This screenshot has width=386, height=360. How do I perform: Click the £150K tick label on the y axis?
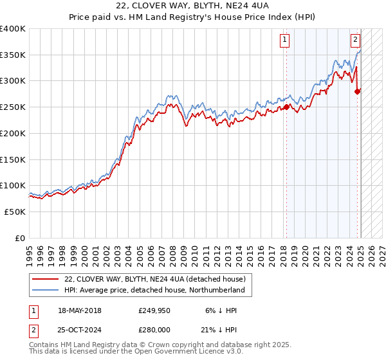coord(13,159)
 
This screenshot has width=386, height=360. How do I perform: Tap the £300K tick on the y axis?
coord(13,81)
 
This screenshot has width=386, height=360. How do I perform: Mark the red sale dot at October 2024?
coord(358,91)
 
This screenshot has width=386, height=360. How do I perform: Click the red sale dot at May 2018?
coord(286,108)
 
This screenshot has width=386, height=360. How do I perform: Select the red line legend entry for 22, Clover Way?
coord(154,279)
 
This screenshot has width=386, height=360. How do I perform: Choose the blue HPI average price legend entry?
coord(154,290)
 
